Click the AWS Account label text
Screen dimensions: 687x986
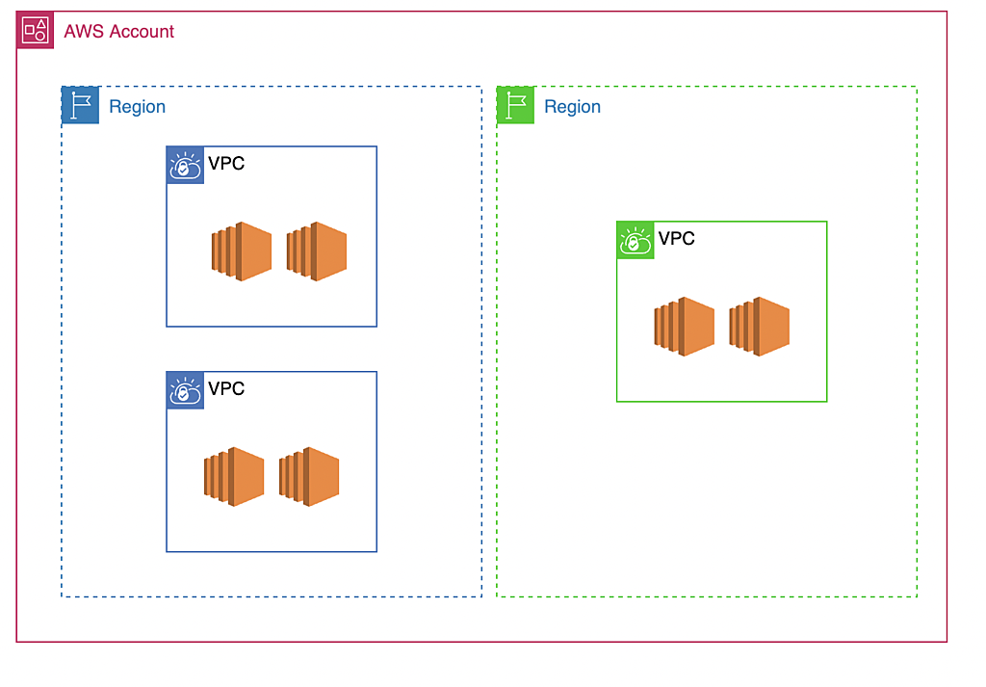118,32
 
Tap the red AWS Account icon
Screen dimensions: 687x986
35,31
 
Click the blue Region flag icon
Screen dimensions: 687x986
80,105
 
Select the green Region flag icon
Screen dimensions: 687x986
515,105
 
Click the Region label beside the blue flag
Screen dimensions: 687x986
137,107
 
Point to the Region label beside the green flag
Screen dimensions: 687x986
572,107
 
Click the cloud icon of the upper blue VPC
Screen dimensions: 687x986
185,166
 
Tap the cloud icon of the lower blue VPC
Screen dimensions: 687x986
185,391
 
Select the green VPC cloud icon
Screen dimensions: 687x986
636,241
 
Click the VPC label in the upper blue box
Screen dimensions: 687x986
226,164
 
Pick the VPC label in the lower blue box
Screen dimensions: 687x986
226,389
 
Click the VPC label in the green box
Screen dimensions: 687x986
677,239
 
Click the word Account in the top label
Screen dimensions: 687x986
142,32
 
